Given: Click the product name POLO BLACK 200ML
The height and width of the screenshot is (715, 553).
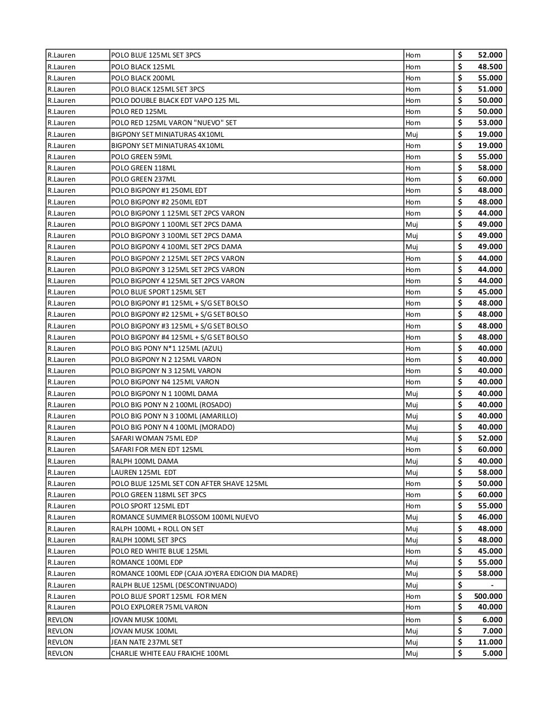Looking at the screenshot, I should coord(143,78).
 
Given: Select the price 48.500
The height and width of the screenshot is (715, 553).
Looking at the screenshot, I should coord(489,66).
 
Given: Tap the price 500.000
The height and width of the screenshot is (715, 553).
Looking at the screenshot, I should coord(488,596).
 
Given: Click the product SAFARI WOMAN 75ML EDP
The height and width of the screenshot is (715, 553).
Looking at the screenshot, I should coord(154,438).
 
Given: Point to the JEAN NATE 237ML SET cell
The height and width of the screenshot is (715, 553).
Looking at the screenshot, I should coord(146,642).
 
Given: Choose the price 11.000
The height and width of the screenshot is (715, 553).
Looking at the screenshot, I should coord(489,642).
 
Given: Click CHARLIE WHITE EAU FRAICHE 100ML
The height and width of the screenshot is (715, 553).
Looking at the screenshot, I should coord(170,653).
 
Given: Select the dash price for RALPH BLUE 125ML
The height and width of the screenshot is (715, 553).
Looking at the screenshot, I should coord(492,585).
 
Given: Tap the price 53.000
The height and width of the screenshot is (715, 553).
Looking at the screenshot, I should coord(489,122).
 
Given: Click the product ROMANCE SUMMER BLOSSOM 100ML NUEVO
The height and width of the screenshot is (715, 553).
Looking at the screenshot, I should coord(185,517).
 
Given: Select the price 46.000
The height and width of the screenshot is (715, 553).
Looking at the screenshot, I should coord(489,517).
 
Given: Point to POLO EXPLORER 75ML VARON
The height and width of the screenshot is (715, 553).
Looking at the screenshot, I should coord(159,607).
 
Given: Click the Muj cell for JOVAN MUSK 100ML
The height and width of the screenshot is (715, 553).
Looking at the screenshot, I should coord(412,631).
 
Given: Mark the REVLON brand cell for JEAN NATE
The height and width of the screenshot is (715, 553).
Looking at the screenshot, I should coord(60,642).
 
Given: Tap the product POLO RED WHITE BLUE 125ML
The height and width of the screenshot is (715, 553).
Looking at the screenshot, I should coord(160,551).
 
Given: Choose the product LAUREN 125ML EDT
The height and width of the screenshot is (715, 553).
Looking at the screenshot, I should coord(144,472).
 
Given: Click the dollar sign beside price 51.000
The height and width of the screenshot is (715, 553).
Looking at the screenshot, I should coord(460,89).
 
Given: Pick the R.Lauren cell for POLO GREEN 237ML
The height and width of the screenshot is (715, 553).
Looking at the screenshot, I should coord(61,179).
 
